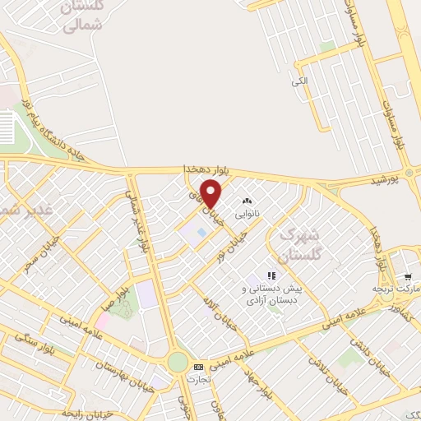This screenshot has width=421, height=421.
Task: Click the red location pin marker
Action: click(211, 194)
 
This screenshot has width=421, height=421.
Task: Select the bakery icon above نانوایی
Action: click(245, 201)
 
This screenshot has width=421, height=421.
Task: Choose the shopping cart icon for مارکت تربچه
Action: click(407, 277)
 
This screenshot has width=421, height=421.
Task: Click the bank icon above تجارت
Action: click(197, 367)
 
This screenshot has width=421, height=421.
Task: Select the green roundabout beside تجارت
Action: click(177, 363)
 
